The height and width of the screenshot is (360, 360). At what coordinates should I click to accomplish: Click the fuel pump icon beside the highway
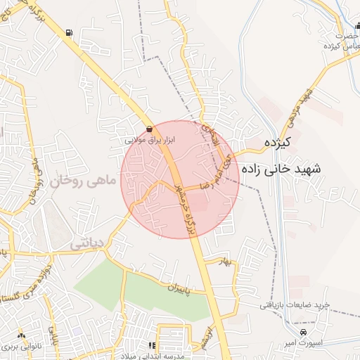tap(68, 32)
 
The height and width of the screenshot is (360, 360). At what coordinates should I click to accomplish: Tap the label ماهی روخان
tap(82, 181)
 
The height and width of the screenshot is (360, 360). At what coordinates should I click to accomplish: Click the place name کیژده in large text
tap(278, 142)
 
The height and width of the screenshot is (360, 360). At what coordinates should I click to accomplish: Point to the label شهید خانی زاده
tap(281, 169)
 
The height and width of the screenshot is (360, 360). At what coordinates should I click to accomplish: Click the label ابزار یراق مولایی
tap(149, 140)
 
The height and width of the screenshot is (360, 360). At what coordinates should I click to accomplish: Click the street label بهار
tap(225, 262)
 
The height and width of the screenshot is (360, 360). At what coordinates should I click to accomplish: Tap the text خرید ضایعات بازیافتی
tap(295, 304)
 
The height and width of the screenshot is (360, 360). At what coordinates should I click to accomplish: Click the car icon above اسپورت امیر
tap(303, 332)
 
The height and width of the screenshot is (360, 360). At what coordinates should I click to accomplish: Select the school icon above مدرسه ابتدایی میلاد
tap(151, 345)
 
